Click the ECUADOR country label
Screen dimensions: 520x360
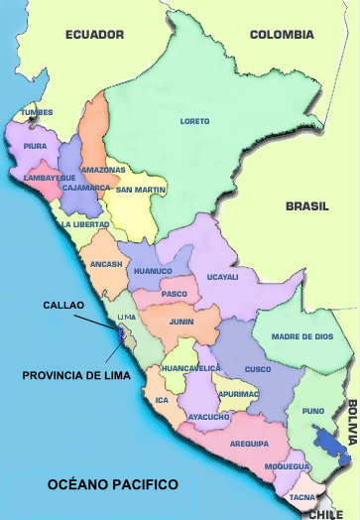click(x=95, y=35)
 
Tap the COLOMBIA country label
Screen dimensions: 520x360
click(x=282, y=35)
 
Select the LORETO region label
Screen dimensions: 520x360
click(x=194, y=121)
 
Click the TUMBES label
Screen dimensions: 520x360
click(x=37, y=112)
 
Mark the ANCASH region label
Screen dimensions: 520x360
click(x=105, y=264)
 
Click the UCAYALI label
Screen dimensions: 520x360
click(x=222, y=277)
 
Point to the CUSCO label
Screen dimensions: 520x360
click(x=257, y=369)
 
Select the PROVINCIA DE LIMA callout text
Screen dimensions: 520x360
click(x=69, y=375)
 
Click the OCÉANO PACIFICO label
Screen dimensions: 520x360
click(x=113, y=484)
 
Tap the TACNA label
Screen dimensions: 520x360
click(x=301, y=496)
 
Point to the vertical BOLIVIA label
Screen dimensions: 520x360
click(x=351, y=421)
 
